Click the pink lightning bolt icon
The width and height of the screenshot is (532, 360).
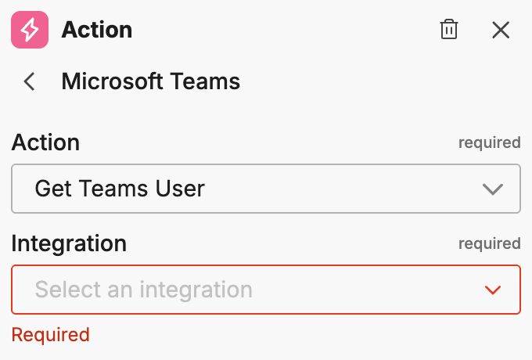(x=30, y=30)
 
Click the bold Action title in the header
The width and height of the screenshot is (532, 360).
(x=97, y=30)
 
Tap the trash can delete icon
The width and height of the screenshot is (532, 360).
(x=449, y=30)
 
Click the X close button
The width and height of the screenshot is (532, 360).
(x=501, y=30)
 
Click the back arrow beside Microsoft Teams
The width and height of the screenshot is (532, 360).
(x=29, y=81)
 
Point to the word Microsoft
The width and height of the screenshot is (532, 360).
(x=113, y=81)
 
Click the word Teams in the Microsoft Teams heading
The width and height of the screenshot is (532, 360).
(x=205, y=81)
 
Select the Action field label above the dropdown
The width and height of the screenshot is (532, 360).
(x=45, y=142)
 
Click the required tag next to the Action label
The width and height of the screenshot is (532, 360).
(x=489, y=143)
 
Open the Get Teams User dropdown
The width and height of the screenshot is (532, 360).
(x=266, y=189)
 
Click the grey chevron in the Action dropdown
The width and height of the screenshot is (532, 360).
(x=493, y=189)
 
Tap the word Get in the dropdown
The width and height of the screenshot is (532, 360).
(x=54, y=189)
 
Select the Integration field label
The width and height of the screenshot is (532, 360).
(x=69, y=243)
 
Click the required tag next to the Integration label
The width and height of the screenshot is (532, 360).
(x=489, y=243)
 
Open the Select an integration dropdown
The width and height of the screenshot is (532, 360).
(x=266, y=290)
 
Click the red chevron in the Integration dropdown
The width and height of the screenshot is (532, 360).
(x=493, y=290)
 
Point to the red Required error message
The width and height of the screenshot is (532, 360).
(x=51, y=335)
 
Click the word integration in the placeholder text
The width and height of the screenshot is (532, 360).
(x=196, y=290)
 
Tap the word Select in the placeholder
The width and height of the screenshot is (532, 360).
(x=68, y=290)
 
